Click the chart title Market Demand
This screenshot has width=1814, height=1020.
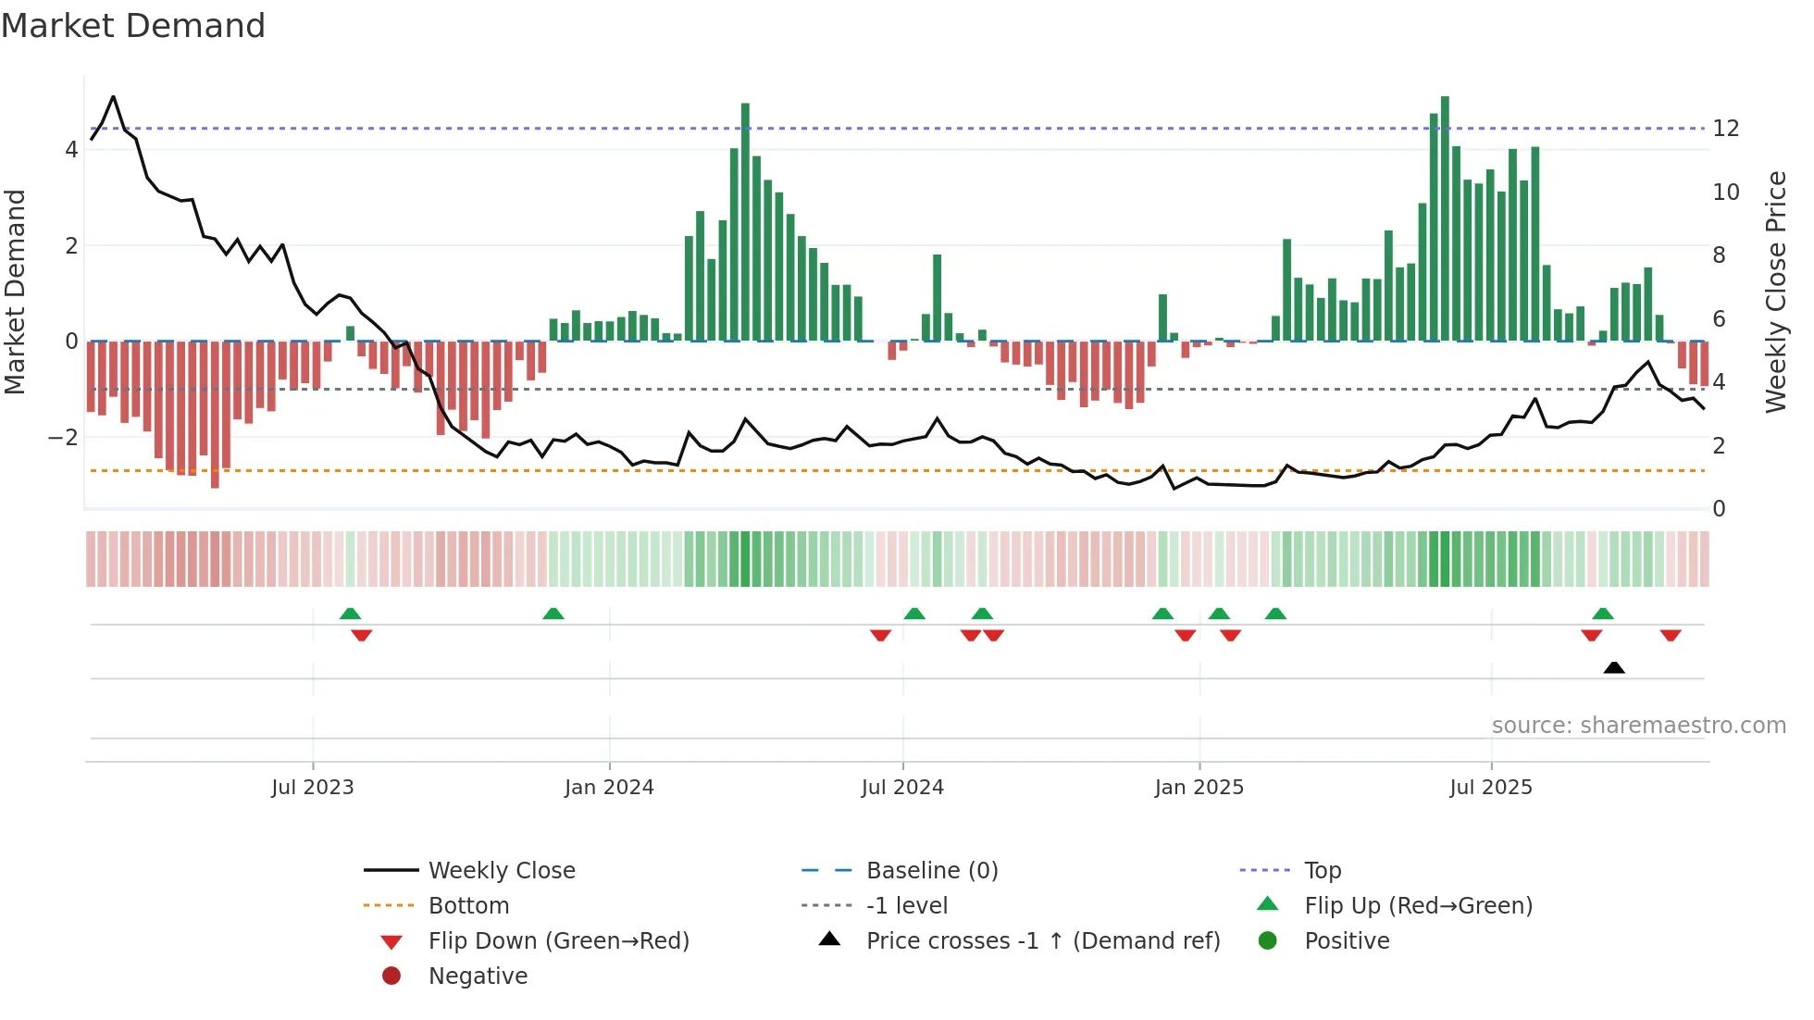pos(133,26)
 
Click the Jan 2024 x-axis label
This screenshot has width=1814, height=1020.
pos(609,788)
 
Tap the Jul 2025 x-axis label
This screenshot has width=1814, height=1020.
pos(1491,788)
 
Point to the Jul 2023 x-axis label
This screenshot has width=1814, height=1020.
pos(313,788)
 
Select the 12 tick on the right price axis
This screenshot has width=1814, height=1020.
pos(1726,129)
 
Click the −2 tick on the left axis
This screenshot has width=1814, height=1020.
pos(64,437)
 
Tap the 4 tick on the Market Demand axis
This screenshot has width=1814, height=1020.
pos(71,150)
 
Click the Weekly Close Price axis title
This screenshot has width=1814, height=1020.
pos(1775,292)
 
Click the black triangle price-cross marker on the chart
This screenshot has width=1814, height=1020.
pos(1614,667)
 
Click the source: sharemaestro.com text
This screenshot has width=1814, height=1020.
pos(1638,726)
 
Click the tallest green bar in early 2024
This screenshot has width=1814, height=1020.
pos(745,222)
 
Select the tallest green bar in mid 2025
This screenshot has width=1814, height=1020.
pos(1445,218)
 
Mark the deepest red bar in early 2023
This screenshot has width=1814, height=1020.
pos(215,415)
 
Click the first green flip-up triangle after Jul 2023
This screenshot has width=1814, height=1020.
pos(350,614)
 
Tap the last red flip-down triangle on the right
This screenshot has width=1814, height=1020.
pos(1671,635)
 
